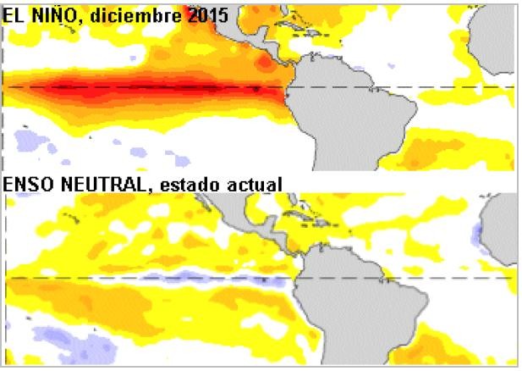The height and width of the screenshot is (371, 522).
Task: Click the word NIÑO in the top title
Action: click(x=49, y=14)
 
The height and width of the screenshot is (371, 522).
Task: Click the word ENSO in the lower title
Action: click(x=25, y=183)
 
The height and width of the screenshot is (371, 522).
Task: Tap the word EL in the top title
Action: click(x=14, y=14)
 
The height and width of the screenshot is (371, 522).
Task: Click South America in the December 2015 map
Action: click(x=355, y=110)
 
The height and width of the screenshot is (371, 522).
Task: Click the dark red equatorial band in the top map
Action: click(x=169, y=87)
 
